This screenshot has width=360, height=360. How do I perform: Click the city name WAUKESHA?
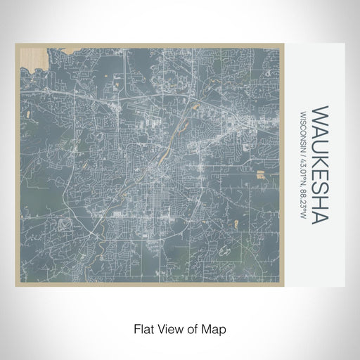point(320,166)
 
